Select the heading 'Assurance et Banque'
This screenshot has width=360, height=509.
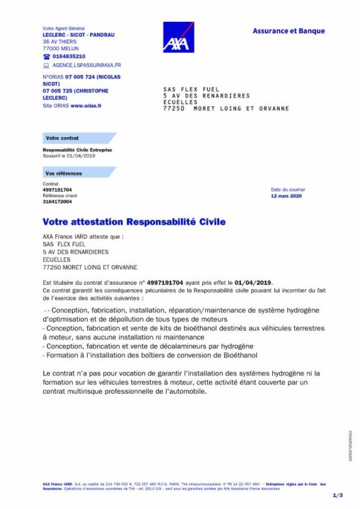(x=289, y=31)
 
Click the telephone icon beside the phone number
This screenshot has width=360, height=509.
(x=47, y=56)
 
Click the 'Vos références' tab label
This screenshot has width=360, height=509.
(x=64, y=173)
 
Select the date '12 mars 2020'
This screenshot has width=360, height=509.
(x=286, y=196)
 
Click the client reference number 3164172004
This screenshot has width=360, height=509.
(x=57, y=201)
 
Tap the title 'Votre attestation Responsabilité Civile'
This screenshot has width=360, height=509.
(x=134, y=221)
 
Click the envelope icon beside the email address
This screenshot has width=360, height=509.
(x=46, y=64)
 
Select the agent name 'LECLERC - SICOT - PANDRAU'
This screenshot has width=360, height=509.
(x=79, y=35)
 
